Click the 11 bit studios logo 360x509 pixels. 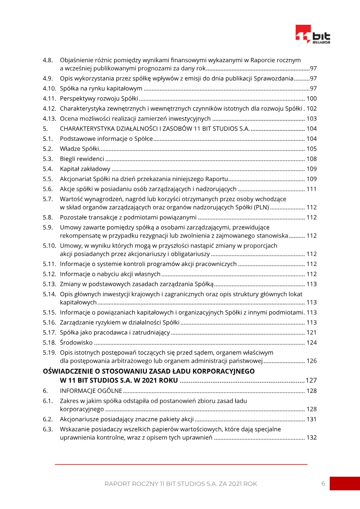coord(313,35)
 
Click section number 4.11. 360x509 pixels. coord(49,99)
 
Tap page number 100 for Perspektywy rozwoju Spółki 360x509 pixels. coord(311,99)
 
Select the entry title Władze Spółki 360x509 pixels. coord(79,149)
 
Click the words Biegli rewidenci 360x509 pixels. coord(82,159)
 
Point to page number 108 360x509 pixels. coord(311,159)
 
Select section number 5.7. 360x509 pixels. coord(48,199)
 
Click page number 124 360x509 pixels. coord(311,342)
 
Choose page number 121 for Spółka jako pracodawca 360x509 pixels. coord(311,333)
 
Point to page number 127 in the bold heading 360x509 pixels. coord(311,380)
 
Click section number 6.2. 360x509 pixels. coord(48,419)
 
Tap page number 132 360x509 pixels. coord(311,438)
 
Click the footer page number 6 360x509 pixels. coord(323,483)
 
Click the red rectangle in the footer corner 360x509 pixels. coord(345,483)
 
